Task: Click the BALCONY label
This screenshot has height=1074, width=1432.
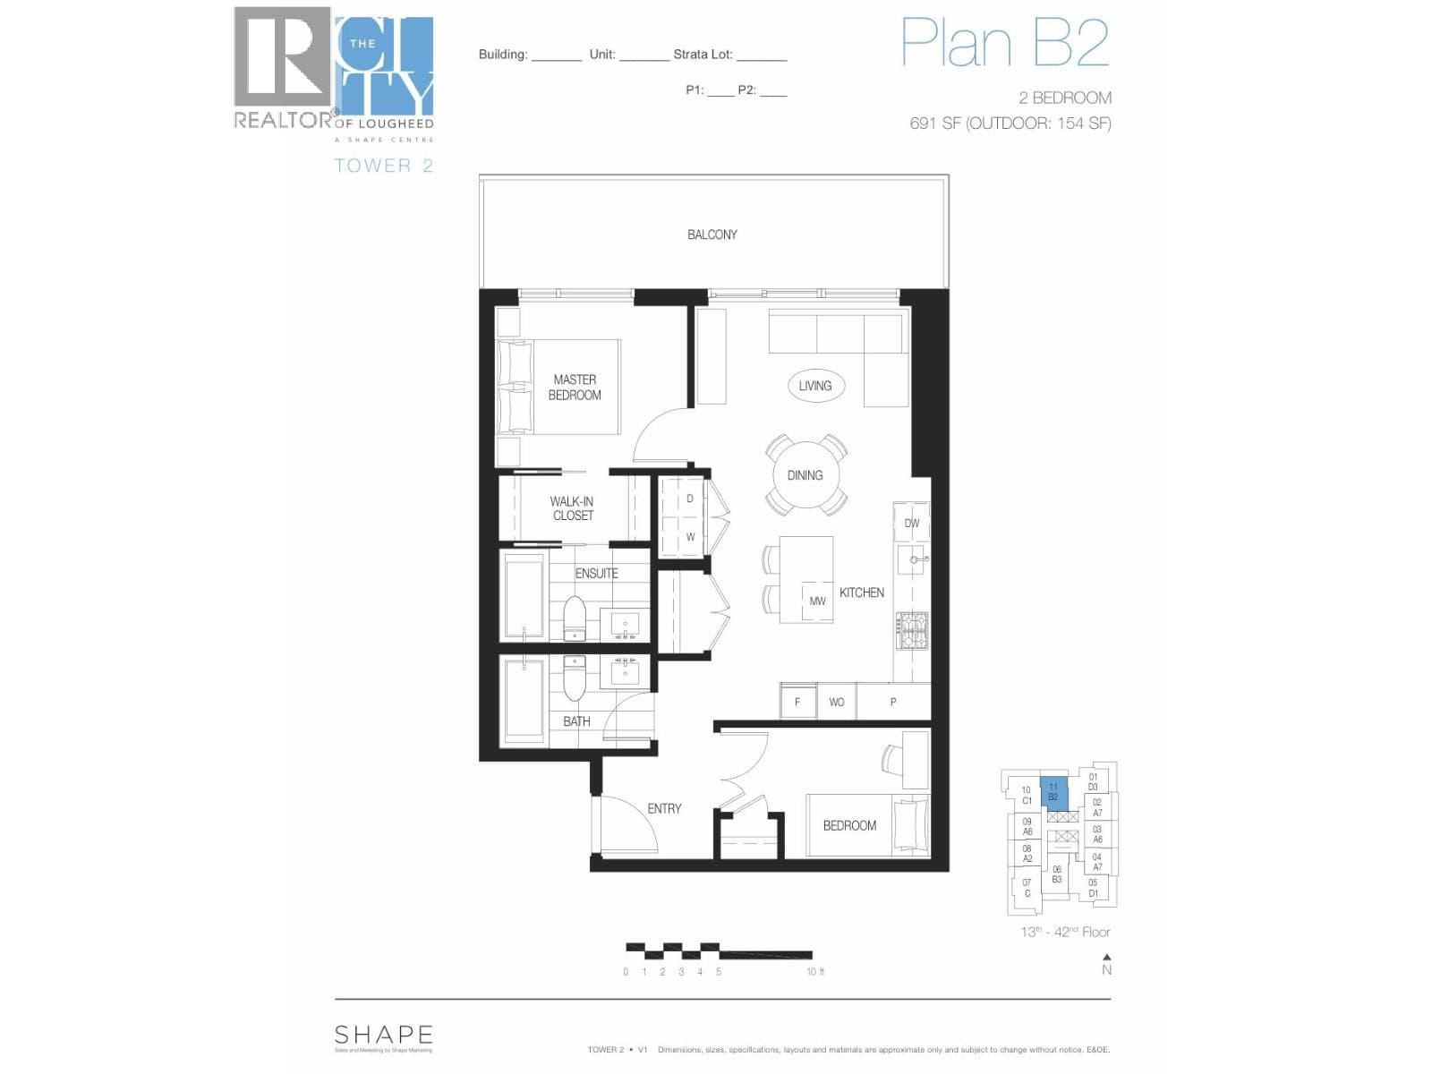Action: (x=712, y=234)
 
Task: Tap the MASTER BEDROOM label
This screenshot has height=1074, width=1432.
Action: (x=575, y=388)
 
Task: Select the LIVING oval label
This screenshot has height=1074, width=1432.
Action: (x=814, y=386)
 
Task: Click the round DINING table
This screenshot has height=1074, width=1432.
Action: (x=805, y=475)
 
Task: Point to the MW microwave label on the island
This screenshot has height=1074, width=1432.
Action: (x=817, y=601)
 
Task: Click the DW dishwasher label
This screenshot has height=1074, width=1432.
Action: (x=911, y=524)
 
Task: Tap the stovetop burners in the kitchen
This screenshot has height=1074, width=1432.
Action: (x=912, y=630)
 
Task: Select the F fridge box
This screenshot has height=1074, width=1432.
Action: (x=797, y=702)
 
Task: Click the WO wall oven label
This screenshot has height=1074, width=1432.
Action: (x=836, y=702)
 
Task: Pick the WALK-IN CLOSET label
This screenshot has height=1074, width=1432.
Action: (x=572, y=508)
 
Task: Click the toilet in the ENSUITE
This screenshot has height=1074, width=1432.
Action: (x=574, y=618)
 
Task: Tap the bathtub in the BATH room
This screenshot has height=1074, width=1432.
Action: (x=524, y=701)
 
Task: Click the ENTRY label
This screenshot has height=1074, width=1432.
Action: (x=664, y=808)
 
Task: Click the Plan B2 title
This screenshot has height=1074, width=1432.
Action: (x=1004, y=42)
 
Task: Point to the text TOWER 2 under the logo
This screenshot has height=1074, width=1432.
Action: (x=383, y=166)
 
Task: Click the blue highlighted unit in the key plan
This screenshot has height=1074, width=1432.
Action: (x=1053, y=793)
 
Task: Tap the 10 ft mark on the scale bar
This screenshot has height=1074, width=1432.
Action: (x=814, y=972)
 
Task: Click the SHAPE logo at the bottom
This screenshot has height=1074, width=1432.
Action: (x=383, y=1036)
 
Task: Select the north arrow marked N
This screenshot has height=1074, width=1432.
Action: (x=1106, y=965)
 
